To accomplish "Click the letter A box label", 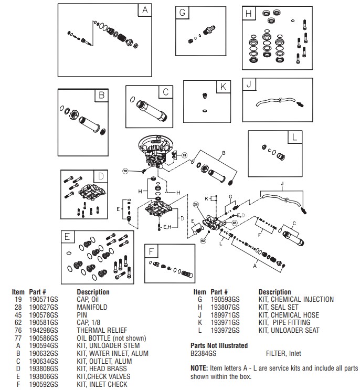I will point(145,10).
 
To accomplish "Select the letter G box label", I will point(182,13).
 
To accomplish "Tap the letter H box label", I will point(249,13).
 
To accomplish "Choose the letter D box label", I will point(101,176).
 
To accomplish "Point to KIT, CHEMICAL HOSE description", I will point(288,315).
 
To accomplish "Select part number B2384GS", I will point(206,354).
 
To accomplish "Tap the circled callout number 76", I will point(125,171).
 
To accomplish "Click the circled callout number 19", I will point(184,155).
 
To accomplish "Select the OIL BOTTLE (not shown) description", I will point(111,338).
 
